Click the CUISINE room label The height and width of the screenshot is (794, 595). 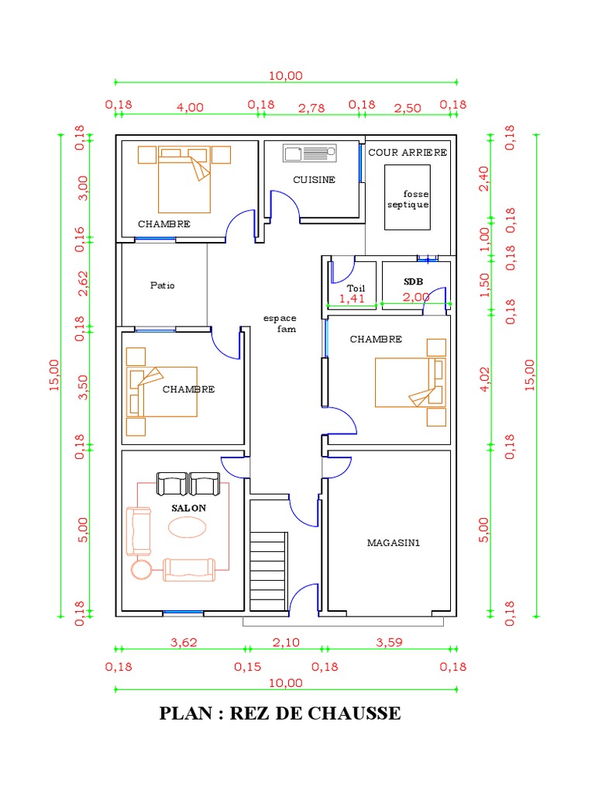click(314, 180)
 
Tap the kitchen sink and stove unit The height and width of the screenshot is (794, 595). click(310, 154)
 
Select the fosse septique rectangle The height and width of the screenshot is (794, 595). click(408, 198)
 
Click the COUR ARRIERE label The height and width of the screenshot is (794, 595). click(408, 153)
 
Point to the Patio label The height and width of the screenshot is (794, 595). click(163, 285)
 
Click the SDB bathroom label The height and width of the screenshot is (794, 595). click(414, 281)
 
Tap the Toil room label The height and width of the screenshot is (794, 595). click(356, 288)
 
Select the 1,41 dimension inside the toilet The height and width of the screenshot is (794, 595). click(352, 299)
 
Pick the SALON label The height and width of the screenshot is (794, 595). click(188, 508)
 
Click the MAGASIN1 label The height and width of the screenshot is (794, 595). click(393, 543)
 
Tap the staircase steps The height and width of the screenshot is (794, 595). click(269, 571)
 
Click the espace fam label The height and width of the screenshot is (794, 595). click(280, 323)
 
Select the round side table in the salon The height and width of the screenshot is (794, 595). click(141, 570)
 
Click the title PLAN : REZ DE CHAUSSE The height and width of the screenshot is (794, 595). click(280, 713)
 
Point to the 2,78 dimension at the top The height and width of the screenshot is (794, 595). click(311, 108)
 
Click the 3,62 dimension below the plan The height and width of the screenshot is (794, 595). click(183, 643)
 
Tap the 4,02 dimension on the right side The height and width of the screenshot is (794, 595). click(485, 379)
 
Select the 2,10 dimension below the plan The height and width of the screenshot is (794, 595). click(286, 643)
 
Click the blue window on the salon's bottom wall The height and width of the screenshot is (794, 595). click(183, 613)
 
